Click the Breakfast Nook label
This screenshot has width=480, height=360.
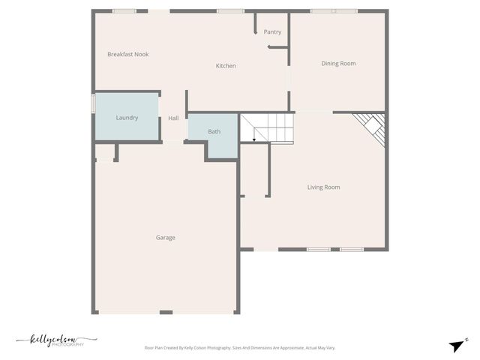point(127,54)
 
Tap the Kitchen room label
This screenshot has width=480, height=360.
point(226,66)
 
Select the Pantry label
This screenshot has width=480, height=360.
point(272,32)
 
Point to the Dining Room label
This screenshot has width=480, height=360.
point(338,64)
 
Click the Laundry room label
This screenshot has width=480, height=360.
point(127,118)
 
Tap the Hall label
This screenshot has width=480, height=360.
point(173,118)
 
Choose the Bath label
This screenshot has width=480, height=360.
point(214,132)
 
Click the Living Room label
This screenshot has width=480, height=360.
point(324,187)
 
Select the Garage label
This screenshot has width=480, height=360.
point(166,238)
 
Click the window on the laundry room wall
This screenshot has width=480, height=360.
point(94,103)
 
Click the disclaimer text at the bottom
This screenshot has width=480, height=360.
point(239,348)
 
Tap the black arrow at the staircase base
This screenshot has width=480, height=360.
point(255,139)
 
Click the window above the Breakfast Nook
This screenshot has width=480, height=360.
point(124,11)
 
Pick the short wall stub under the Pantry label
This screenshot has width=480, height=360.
point(278,48)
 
